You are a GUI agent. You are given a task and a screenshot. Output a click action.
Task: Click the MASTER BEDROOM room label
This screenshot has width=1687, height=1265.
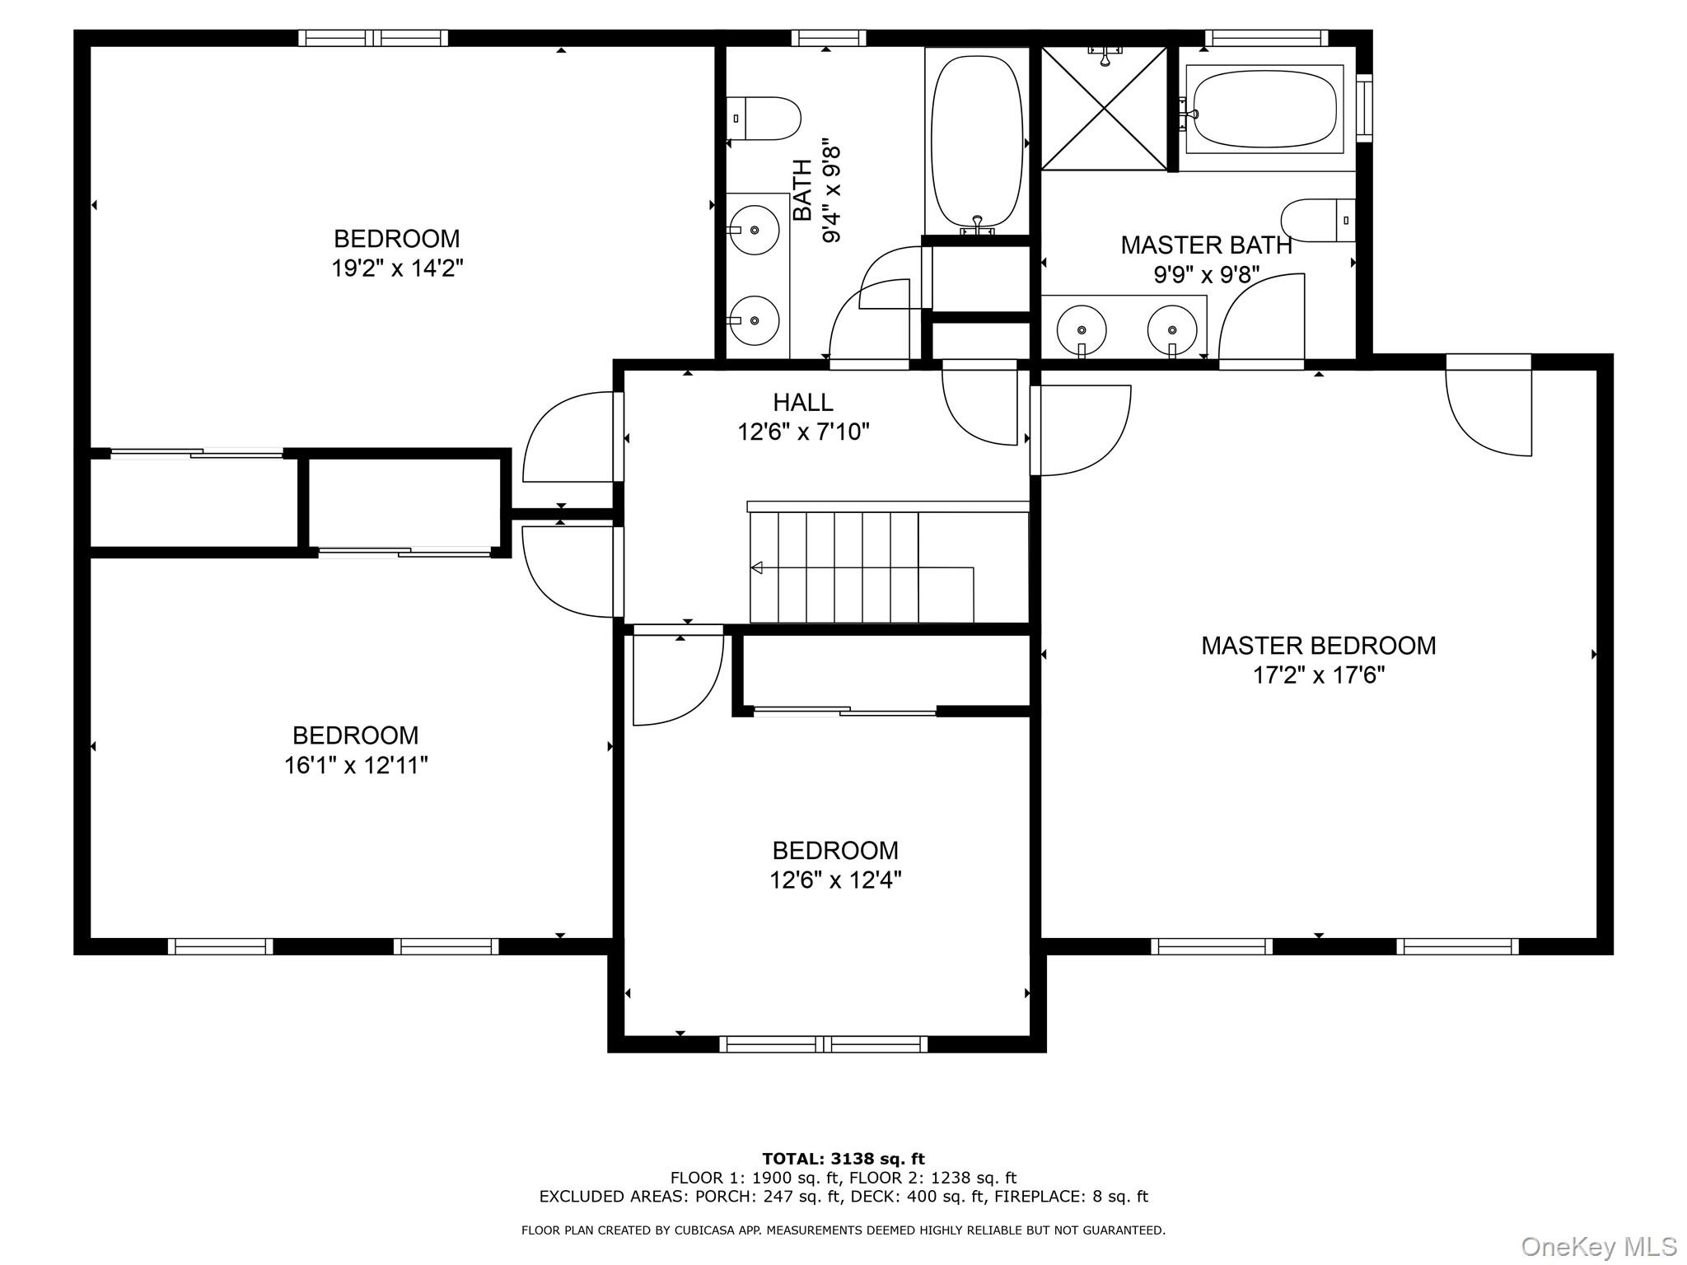(x=1318, y=646)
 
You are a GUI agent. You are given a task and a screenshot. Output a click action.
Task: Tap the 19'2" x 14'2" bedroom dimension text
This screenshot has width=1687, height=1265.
(x=397, y=268)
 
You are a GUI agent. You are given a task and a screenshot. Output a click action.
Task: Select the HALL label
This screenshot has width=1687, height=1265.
(x=802, y=403)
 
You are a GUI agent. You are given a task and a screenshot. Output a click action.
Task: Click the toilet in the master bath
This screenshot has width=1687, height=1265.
(x=1318, y=220)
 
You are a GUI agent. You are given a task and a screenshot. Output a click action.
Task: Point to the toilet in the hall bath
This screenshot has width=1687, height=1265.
(x=764, y=119)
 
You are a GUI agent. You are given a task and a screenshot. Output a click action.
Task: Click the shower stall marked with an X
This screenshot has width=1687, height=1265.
(x=1104, y=109)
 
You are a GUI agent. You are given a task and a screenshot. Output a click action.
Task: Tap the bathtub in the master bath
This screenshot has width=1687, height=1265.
(x=1265, y=110)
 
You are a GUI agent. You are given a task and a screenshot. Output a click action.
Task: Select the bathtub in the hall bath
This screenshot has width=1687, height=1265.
(x=977, y=142)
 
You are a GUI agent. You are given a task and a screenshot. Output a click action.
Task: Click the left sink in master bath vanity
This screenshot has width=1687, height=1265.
(x=1081, y=329)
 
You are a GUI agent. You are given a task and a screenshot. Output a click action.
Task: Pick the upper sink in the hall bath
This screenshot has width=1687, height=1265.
(x=755, y=229)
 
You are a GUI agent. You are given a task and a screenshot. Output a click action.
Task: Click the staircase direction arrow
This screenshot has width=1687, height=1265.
(x=756, y=567)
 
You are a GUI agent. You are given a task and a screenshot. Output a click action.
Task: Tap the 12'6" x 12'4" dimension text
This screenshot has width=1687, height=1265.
(x=835, y=880)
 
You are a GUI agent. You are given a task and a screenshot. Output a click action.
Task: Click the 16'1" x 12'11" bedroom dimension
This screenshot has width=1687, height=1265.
(x=356, y=766)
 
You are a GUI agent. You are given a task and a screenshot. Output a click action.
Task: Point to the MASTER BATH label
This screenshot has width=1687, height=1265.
(x=1206, y=245)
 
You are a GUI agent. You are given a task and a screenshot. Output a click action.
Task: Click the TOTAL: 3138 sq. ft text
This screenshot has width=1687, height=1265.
(x=843, y=1160)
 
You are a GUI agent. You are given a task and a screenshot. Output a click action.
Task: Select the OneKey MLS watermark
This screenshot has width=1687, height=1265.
(x=1598, y=1247)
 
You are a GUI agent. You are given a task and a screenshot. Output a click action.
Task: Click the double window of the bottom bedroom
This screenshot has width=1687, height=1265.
(x=824, y=1044)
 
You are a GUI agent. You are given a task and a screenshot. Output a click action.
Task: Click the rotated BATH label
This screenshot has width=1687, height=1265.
(x=802, y=190)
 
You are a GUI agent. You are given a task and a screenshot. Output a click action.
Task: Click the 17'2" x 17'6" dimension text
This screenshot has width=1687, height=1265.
(x=1318, y=676)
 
